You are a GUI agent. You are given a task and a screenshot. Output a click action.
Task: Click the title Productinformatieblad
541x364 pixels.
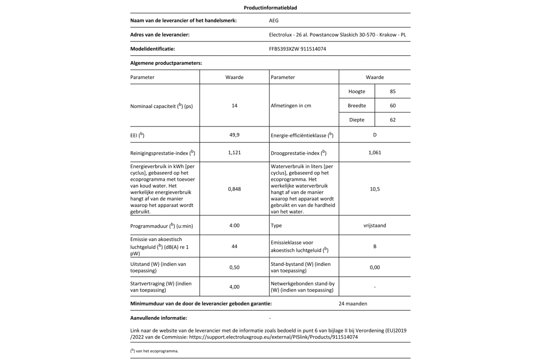pos(270,8)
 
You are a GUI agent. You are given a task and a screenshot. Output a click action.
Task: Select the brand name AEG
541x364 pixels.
pos(273,20)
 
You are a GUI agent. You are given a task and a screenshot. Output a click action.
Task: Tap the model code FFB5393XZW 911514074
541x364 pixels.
pos(297,49)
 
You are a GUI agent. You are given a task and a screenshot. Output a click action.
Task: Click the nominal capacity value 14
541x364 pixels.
pos(234,106)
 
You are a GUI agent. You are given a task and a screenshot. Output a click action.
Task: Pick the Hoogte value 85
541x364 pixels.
pos(392,91)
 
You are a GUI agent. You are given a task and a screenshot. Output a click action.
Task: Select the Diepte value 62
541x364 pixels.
pos(392,120)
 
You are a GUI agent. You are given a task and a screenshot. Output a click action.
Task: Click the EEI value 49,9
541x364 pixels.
pos(234,135)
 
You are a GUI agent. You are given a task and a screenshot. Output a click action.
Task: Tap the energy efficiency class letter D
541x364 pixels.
pos(375,135)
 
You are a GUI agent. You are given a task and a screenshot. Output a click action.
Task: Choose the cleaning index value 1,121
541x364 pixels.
pos(234,153)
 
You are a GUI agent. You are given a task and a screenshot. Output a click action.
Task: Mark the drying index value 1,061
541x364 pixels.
pos(375,153)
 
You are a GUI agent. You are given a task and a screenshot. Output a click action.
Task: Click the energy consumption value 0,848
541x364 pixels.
pos(234,189)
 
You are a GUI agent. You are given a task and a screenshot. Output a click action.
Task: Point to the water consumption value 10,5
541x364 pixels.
pos(375,189)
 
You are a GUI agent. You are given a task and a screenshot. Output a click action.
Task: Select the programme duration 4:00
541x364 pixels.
pos(234,225)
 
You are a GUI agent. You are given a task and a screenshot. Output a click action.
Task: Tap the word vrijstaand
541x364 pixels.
pos(375,225)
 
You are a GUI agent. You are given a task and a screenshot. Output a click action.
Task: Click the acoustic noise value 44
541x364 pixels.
pos(234,246)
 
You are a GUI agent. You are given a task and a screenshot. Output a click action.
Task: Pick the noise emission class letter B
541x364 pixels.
pos(375,246)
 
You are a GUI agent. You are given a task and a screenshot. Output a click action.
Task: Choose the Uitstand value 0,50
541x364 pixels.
pos(234,268)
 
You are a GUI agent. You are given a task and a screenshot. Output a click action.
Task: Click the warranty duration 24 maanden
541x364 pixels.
pos(353,304)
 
